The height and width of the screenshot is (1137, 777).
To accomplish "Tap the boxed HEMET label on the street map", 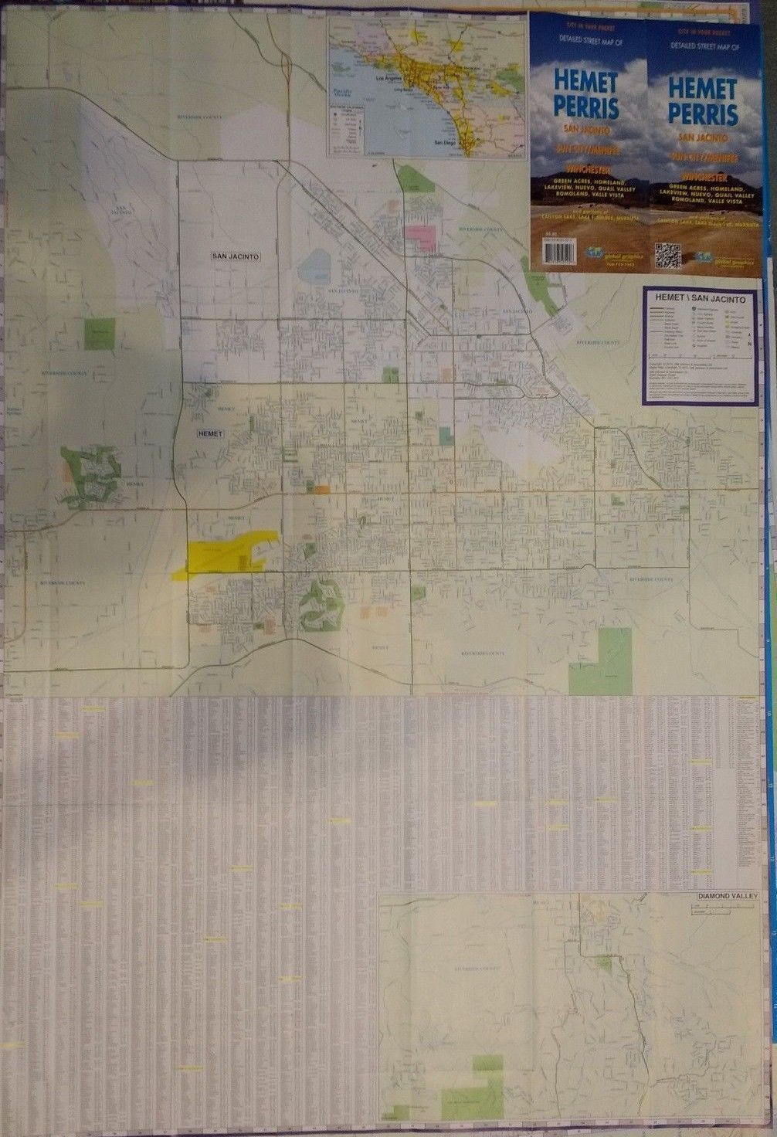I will (210, 434).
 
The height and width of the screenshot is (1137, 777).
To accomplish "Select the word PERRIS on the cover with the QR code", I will (703, 114).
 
